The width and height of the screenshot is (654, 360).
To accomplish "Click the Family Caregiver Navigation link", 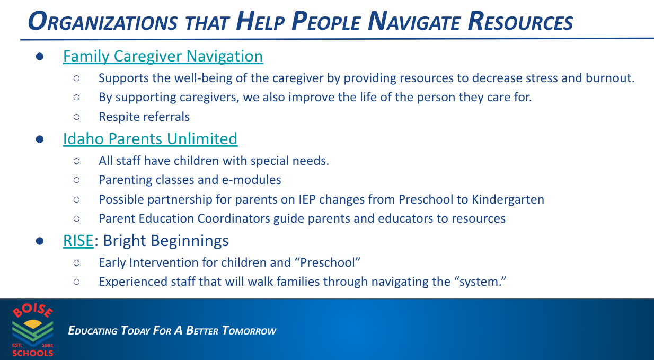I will tap(163, 56).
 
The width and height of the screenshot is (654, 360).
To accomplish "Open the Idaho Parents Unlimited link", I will tap(150, 139).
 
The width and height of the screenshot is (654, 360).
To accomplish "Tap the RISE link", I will tap(78, 241).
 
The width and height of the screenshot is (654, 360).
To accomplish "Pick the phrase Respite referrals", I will tap(144, 117).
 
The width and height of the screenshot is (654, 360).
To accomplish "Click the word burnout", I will tap(609, 78).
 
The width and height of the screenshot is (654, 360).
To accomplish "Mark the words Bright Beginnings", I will tap(166, 241).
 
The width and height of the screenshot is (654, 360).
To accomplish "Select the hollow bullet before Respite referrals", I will tap(76, 117).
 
